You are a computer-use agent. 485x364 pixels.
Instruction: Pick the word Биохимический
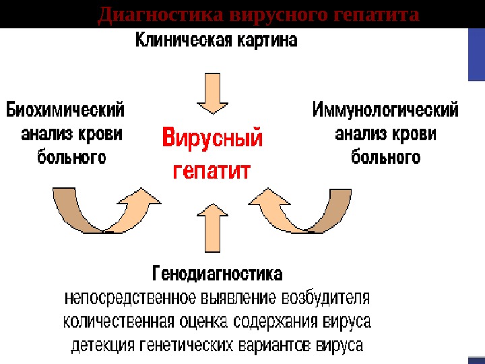[x=65, y=109]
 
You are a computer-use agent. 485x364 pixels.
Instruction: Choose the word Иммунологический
[x=385, y=109]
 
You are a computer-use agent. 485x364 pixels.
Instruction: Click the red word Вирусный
[x=213, y=140]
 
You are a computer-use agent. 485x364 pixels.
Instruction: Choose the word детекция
[x=102, y=346]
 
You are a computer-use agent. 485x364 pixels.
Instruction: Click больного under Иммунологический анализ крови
[x=386, y=158]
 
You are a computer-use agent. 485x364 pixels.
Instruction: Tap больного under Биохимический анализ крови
[x=71, y=158]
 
